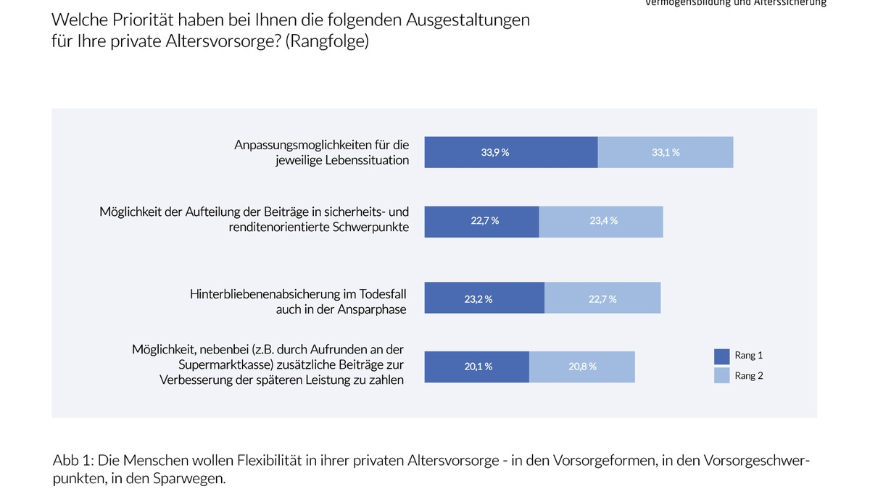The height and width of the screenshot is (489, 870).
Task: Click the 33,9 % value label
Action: [495, 153]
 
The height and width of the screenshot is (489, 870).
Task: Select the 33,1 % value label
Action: [666, 153]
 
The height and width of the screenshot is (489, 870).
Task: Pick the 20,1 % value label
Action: [478, 367]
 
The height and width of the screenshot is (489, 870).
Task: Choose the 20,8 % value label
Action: [582, 367]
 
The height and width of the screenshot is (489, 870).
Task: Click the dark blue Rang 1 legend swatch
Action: [721, 356]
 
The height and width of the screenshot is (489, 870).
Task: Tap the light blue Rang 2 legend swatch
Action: [721, 375]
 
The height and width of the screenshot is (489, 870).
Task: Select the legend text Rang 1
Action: [749, 356]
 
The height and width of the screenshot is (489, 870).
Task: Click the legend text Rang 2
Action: [749, 375]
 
